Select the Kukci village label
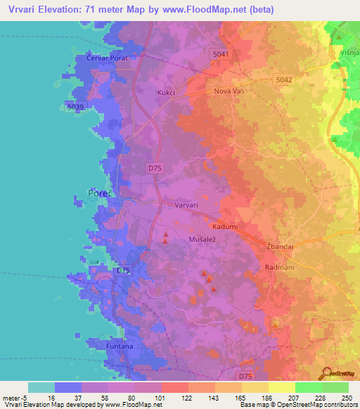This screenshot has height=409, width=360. (x=166, y=92)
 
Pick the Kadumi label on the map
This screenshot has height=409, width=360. (x=226, y=228)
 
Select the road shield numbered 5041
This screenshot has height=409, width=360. (x=220, y=53)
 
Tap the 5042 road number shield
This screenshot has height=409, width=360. (x=284, y=80)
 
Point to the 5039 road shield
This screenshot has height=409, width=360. (x=76, y=106)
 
